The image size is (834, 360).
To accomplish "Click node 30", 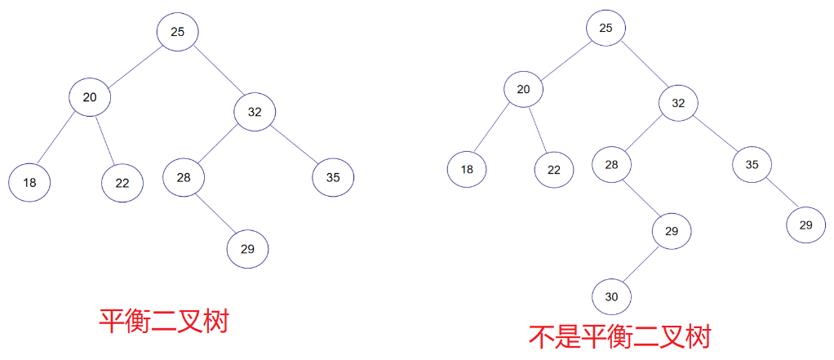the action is click(x=612, y=297).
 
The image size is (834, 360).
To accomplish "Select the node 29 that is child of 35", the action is click(x=806, y=224).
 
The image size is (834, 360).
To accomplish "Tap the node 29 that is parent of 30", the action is click(x=671, y=231).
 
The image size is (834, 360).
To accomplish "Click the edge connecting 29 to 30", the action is click(x=642, y=264).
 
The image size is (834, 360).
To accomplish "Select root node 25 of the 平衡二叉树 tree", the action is click(x=178, y=32).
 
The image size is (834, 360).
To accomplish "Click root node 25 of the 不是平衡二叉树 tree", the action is click(x=606, y=28).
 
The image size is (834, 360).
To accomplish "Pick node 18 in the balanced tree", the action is click(x=30, y=182).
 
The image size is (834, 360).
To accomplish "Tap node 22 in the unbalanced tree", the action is click(x=554, y=170).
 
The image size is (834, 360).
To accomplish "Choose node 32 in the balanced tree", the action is click(x=255, y=112).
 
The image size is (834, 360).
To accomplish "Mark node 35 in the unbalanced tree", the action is click(x=752, y=164).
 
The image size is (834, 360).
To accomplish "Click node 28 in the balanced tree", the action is click(x=184, y=177).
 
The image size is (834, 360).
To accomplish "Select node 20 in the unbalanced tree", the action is click(x=523, y=88).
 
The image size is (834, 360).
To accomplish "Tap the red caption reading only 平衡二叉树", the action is click(x=163, y=321).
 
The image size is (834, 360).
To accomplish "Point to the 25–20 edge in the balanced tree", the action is click(x=134, y=65).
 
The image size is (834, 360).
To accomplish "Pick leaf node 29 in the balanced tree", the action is click(x=247, y=249).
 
